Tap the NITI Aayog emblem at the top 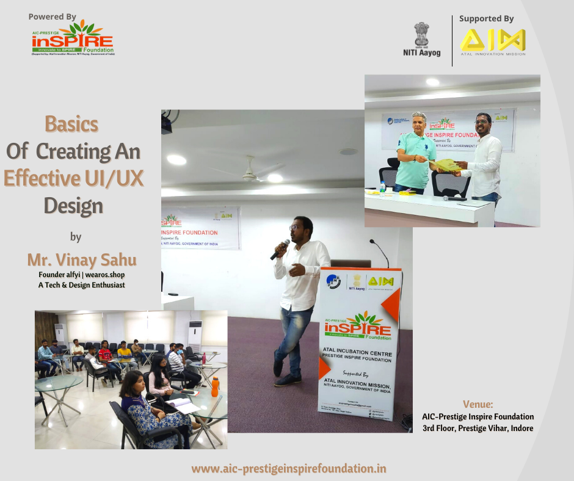point(421,35)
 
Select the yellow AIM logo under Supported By point(492,41)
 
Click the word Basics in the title point(71,125)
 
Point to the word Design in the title point(73,206)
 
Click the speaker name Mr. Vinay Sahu point(81,260)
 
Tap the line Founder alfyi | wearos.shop point(81,275)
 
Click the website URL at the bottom point(289,469)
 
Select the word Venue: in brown point(478,404)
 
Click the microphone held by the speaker point(280,250)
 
